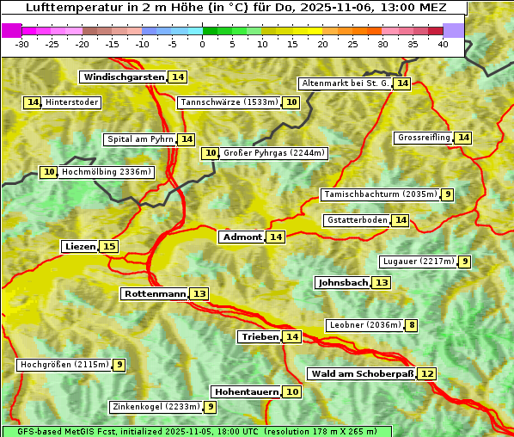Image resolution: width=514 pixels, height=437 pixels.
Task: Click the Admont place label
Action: tap(242, 237)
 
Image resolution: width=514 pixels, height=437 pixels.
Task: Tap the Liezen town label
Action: tap(80, 247)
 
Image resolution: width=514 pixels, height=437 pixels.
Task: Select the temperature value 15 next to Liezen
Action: tap(108, 247)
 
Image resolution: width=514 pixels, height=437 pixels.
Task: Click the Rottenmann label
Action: tap(155, 294)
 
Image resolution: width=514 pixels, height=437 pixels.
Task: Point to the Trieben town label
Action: tap(260, 337)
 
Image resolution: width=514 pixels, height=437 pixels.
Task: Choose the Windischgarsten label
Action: tap(123, 77)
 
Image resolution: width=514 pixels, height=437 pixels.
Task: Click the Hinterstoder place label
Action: tap(72, 103)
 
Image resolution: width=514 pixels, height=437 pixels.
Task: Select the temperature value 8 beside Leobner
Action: tap(413, 325)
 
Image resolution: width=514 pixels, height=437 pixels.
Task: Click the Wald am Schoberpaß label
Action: tap(362, 374)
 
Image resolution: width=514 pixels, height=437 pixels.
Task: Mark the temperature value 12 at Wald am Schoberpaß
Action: tap(427, 374)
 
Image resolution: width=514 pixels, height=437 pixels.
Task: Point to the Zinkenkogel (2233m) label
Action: tap(156, 407)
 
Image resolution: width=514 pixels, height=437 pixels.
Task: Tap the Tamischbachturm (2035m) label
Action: tap(379, 194)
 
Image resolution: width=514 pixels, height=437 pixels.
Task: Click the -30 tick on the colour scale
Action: tap(22, 42)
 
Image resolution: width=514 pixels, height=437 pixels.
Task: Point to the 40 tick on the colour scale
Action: tap(443, 42)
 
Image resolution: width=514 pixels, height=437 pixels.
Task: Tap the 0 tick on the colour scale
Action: tap(203, 42)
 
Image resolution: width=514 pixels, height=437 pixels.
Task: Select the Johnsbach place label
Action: tap(343, 283)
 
